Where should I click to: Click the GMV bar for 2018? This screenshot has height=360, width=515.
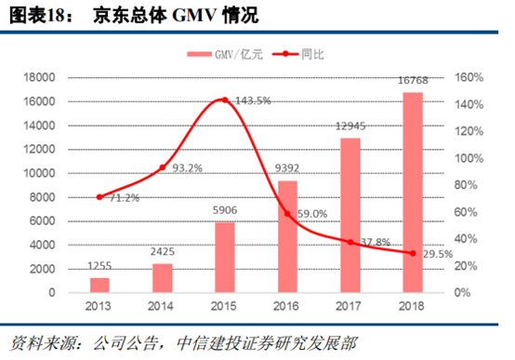[x=413, y=192]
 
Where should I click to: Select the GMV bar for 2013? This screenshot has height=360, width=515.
[x=99, y=285]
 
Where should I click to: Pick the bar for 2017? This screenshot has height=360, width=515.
[x=350, y=215]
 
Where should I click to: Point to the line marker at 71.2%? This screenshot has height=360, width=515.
[x=99, y=196]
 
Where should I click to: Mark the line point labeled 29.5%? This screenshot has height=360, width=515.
[x=413, y=253]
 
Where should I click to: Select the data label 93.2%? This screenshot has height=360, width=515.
[x=189, y=167]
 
